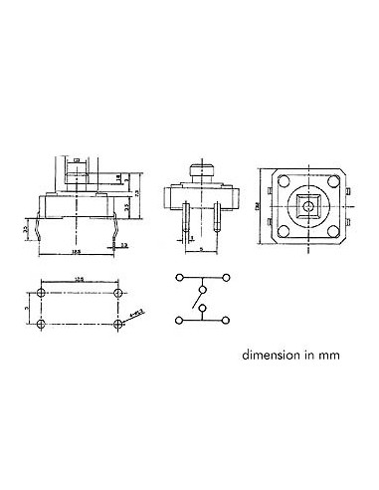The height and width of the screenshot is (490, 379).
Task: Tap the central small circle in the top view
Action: pyautogui.click(x=305, y=207)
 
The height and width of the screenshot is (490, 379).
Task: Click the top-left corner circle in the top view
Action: pyautogui.click(x=283, y=184)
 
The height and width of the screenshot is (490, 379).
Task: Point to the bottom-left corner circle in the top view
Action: pyautogui.click(x=283, y=231)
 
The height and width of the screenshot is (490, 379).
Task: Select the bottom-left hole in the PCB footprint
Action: pyautogui.click(x=42, y=325)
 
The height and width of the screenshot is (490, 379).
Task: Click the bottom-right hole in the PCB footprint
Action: pyautogui.click(x=120, y=325)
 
